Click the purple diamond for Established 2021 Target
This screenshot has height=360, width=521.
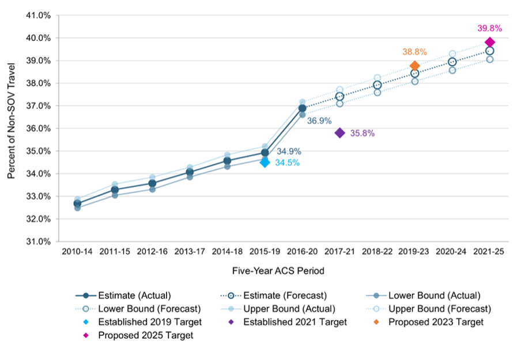[339, 133]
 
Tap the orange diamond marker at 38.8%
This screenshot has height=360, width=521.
[415, 66]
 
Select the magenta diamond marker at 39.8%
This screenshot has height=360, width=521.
[490, 42]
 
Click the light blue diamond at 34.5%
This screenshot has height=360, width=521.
[265, 162]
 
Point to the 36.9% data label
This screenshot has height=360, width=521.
[319, 122]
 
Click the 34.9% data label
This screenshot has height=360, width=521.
[289, 151]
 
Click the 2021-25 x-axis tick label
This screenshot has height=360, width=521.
[490, 252]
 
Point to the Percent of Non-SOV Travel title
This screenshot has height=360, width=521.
[12, 128]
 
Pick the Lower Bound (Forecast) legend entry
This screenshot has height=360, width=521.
[149, 309]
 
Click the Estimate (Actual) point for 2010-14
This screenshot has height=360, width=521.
[77, 203]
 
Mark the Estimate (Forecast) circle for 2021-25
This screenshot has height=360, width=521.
[490, 51]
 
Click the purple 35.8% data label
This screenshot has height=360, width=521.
[363, 133]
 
